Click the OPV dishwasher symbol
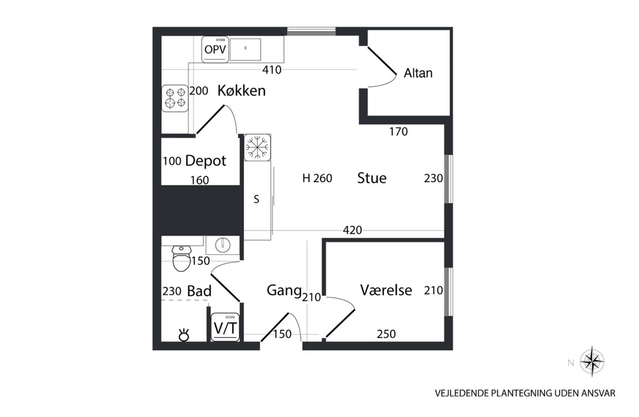point(215,49)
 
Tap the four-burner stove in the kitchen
point(175,98)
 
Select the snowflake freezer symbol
point(257,148)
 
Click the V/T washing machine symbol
point(225,327)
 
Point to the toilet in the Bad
point(182,258)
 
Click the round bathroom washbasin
point(223,245)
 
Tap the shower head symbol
point(184,335)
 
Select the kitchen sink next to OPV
point(245,49)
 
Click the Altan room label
point(418,73)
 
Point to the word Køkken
point(242,91)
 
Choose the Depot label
point(206,161)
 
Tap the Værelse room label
point(386,290)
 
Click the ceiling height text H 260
point(317,178)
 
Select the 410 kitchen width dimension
point(272,70)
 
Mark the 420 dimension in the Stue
point(352,230)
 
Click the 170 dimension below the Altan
point(399,132)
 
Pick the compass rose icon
point(592,362)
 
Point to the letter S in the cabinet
point(257,199)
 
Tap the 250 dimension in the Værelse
point(386,334)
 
